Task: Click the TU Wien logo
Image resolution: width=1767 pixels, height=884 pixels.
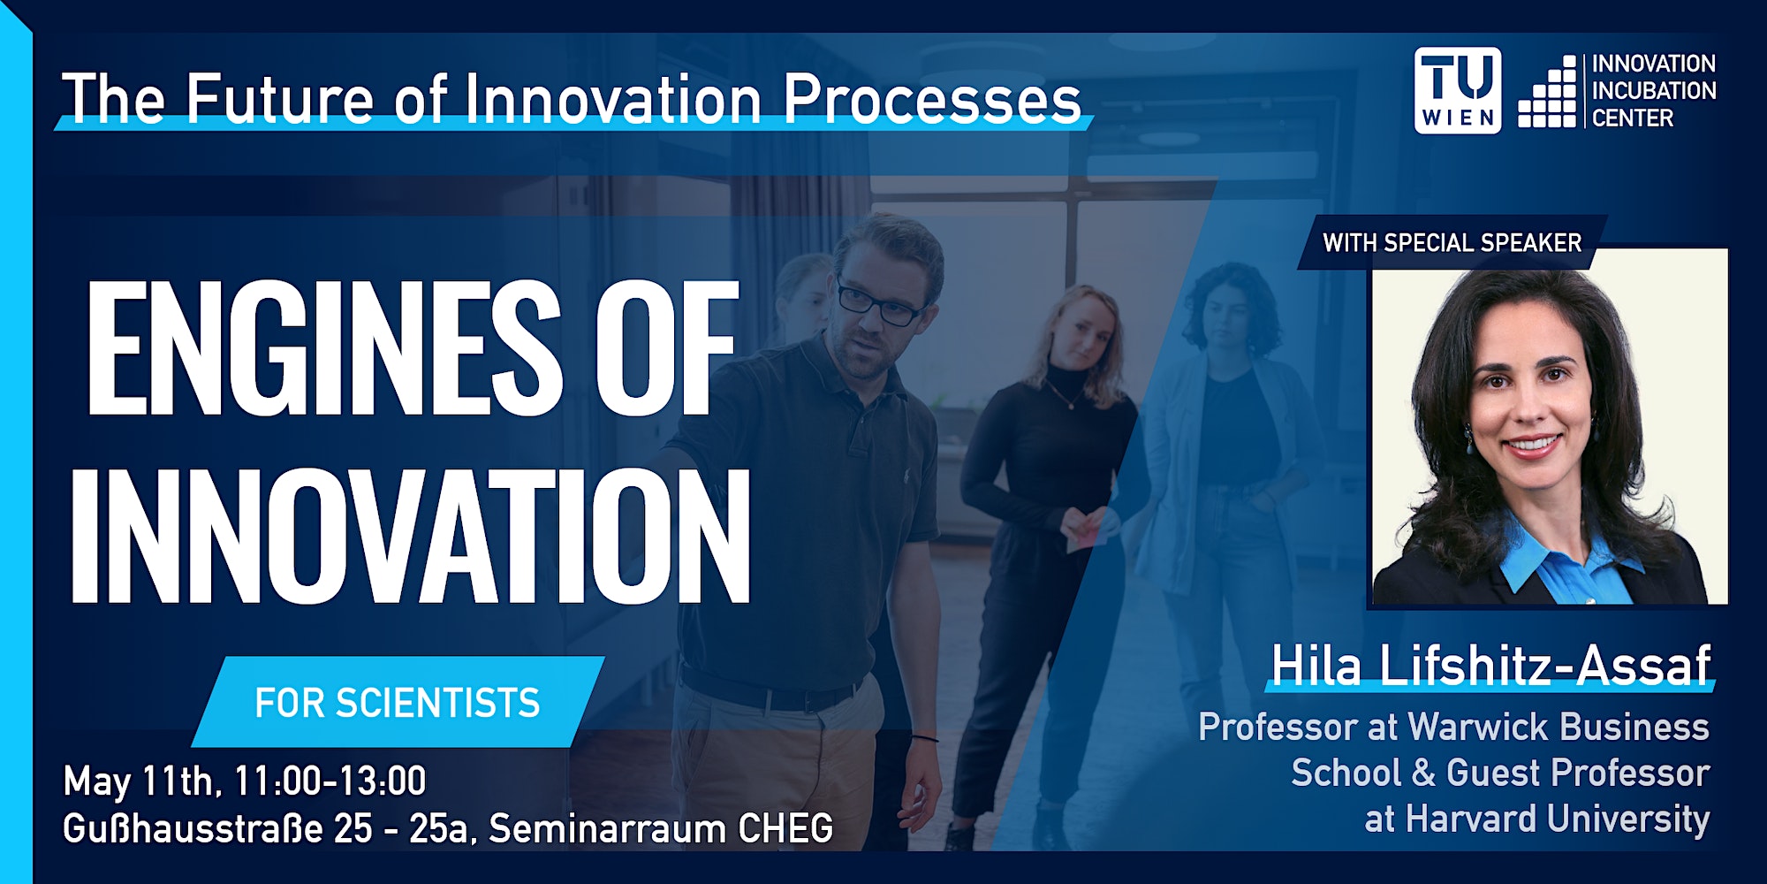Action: pyautogui.click(x=1457, y=90)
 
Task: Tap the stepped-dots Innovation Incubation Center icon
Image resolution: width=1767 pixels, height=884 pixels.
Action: pyautogui.click(x=1547, y=92)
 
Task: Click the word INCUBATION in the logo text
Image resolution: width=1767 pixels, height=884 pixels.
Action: pyautogui.click(x=1654, y=90)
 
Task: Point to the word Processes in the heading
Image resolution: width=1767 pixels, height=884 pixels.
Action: pyautogui.click(x=932, y=98)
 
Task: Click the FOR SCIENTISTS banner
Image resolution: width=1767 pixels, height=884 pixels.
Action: pyautogui.click(x=398, y=703)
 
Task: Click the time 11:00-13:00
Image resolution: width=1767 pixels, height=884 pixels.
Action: pyautogui.click(x=330, y=781)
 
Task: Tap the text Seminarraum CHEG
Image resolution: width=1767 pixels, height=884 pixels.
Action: pyautogui.click(x=661, y=828)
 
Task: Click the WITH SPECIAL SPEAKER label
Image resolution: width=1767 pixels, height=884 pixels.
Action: pyautogui.click(x=1452, y=243)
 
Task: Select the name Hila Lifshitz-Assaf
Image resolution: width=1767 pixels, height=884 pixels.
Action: pyautogui.click(x=1490, y=665)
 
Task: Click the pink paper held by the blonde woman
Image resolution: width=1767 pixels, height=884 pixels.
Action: pyautogui.click(x=1085, y=529)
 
